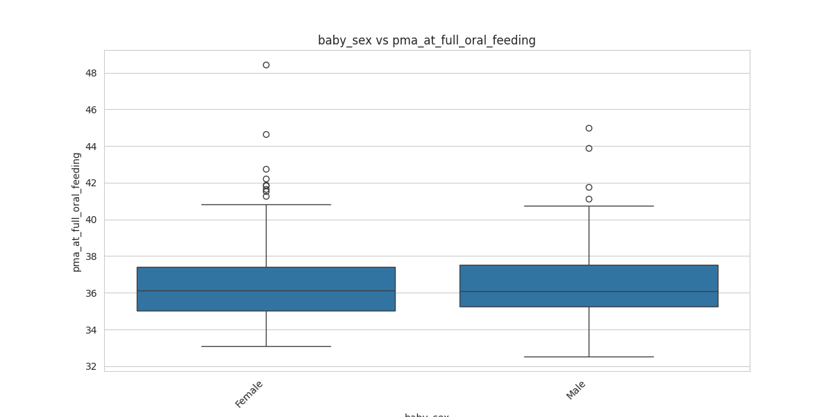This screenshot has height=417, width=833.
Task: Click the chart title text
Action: tap(426, 40)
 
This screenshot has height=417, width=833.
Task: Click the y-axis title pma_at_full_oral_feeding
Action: tap(76, 212)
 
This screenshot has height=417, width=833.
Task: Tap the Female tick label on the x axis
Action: tap(249, 394)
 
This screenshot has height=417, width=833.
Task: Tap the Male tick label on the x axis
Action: tap(576, 390)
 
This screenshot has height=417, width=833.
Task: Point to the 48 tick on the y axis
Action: tap(90, 73)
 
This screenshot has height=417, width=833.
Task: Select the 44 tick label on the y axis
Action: tap(90, 147)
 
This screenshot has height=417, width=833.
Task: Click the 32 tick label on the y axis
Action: tap(90, 366)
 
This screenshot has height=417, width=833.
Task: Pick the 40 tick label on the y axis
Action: tap(90, 220)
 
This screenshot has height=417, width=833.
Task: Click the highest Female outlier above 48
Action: tap(266, 65)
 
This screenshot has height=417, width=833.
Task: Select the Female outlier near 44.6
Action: tap(266, 134)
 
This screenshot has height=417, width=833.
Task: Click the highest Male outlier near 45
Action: tap(589, 128)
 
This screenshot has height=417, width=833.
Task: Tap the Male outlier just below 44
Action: tap(589, 148)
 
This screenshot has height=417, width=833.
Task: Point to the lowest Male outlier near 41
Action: tap(589, 199)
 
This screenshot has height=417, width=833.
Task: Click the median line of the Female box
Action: tap(266, 291)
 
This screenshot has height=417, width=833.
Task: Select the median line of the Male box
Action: tap(589, 291)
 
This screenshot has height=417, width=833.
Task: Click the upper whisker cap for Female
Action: tap(266, 204)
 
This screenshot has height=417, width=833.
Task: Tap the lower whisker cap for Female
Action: tap(266, 346)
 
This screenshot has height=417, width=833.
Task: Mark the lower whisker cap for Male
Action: tap(589, 357)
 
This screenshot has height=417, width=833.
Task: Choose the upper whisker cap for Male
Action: tap(589, 206)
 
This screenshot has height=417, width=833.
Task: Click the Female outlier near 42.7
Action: tap(266, 169)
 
